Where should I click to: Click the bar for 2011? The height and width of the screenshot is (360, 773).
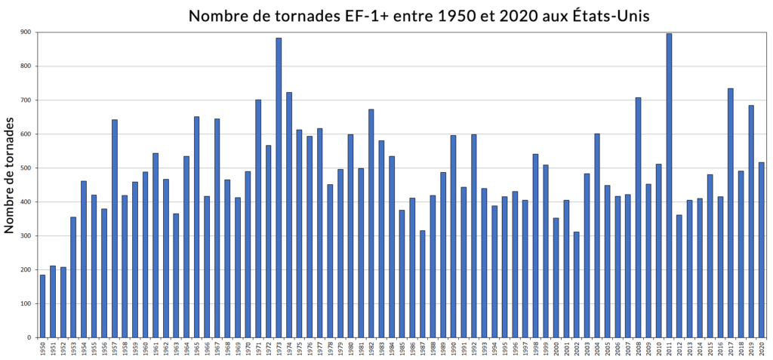click(669, 186)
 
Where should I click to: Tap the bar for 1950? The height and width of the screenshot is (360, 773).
click(42, 306)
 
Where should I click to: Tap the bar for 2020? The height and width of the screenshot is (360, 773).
click(761, 250)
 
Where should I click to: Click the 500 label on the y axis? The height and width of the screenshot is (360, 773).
click(26, 168)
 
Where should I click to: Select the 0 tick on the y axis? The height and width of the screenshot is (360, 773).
click(30, 338)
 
